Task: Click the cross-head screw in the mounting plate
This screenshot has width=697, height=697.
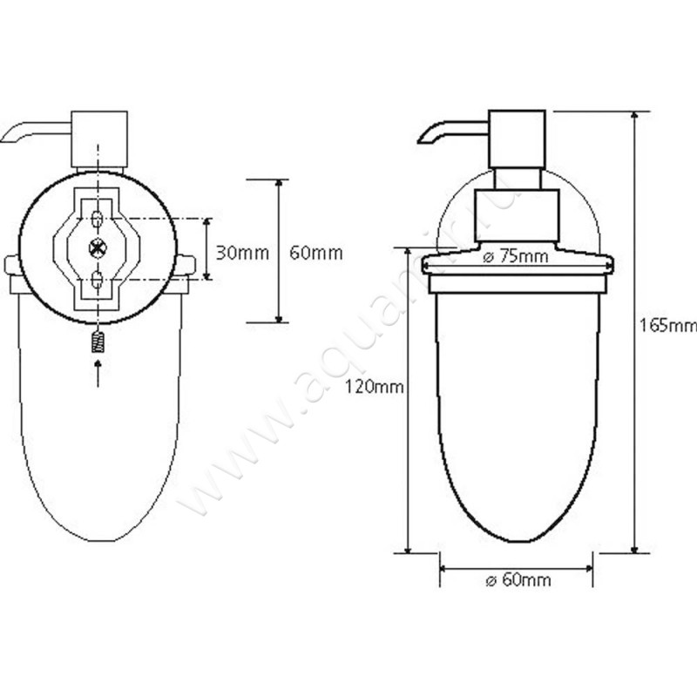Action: pos(97,248)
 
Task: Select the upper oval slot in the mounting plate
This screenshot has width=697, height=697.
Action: pos(97,215)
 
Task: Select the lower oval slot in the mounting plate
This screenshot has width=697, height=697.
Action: pos(97,281)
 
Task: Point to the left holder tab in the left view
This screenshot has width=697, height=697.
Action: pos(10,264)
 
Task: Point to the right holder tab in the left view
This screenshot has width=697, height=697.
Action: pos(186,264)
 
